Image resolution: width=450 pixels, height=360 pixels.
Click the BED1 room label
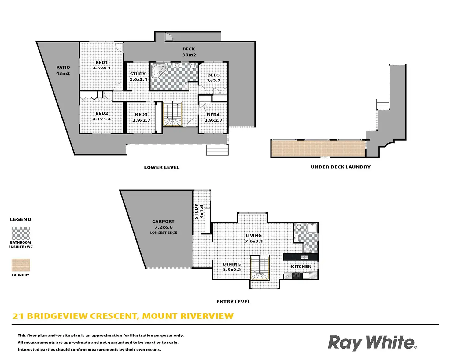click(101, 63)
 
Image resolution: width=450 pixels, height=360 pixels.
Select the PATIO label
click(63, 68)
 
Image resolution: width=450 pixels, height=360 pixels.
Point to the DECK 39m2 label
click(189, 52)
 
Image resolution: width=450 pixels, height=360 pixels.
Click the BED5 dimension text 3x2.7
click(214, 81)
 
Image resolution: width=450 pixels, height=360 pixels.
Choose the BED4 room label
click(213, 115)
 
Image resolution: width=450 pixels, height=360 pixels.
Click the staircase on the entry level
click(260, 268)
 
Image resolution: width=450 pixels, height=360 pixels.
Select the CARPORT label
click(163, 222)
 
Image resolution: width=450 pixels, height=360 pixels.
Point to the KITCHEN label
click(301, 266)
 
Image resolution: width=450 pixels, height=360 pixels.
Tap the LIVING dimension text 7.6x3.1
click(254, 241)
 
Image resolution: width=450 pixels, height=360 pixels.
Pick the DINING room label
click(232, 264)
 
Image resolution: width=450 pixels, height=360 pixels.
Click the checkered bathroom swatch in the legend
click(21, 233)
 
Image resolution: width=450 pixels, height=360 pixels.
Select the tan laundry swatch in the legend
click(21, 265)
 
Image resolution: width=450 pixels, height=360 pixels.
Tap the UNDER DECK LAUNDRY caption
click(341, 167)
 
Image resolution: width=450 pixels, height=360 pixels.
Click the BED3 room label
click(141, 115)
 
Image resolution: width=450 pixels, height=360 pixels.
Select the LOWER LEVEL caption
click(162, 167)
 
